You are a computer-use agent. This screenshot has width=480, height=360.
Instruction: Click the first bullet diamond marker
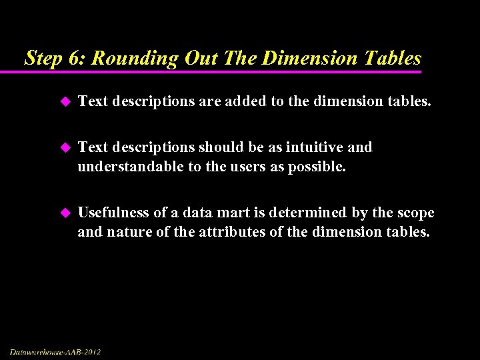[65, 102]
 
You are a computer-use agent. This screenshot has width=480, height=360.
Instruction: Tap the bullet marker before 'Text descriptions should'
[65, 147]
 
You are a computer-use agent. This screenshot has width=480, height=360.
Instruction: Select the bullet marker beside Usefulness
[65, 213]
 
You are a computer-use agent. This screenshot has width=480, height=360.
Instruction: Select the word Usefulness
[114, 213]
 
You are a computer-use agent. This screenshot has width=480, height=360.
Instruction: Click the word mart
[218, 213]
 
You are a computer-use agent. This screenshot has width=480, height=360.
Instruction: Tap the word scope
[415, 213]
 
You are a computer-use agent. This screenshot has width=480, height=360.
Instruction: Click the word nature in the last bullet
[127, 233]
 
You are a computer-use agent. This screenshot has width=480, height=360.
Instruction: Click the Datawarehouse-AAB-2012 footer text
[55, 351]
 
